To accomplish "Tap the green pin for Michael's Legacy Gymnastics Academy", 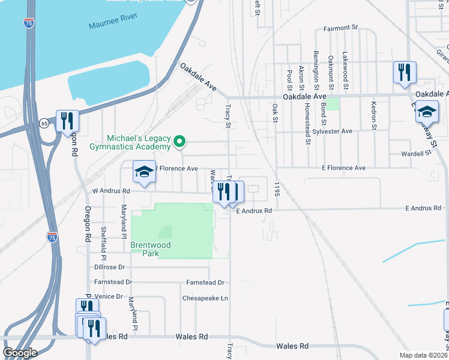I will tap(179, 142).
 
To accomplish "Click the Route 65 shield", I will tap(44, 122).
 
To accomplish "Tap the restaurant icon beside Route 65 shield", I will tap(66, 121).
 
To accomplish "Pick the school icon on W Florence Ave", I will tap(144, 172).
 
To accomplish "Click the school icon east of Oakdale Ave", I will tap(427, 112).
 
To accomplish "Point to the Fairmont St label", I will tap(340, 28).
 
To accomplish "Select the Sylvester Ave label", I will tap(337, 131).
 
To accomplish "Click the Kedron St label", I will tap(373, 115).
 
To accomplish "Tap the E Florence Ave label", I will tap(343, 168).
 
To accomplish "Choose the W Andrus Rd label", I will tap(110, 191).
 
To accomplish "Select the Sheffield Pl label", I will tap(103, 238).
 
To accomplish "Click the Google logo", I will tap(20, 353).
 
